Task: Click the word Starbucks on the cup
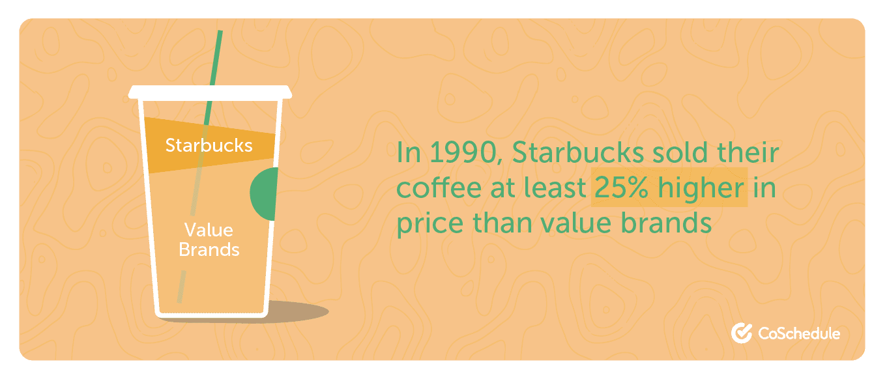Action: coord(209,145)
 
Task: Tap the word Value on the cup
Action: coord(209,230)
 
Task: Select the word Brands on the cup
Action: coord(209,249)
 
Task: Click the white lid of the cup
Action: coord(210,92)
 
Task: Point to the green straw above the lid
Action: coord(216,58)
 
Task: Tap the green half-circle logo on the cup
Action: coord(265,194)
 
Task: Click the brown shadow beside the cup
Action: coord(297,311)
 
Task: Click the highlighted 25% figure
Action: coord(621,188)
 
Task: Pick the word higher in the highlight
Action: coord(701,188)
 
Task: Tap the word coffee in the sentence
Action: coord(439,188)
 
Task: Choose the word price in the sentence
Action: coord(430,224)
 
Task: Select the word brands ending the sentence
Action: coord(666,223)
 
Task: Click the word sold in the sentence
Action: coord(680,152)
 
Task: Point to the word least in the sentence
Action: coord(555,188)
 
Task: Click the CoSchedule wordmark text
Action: coord(799,333)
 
